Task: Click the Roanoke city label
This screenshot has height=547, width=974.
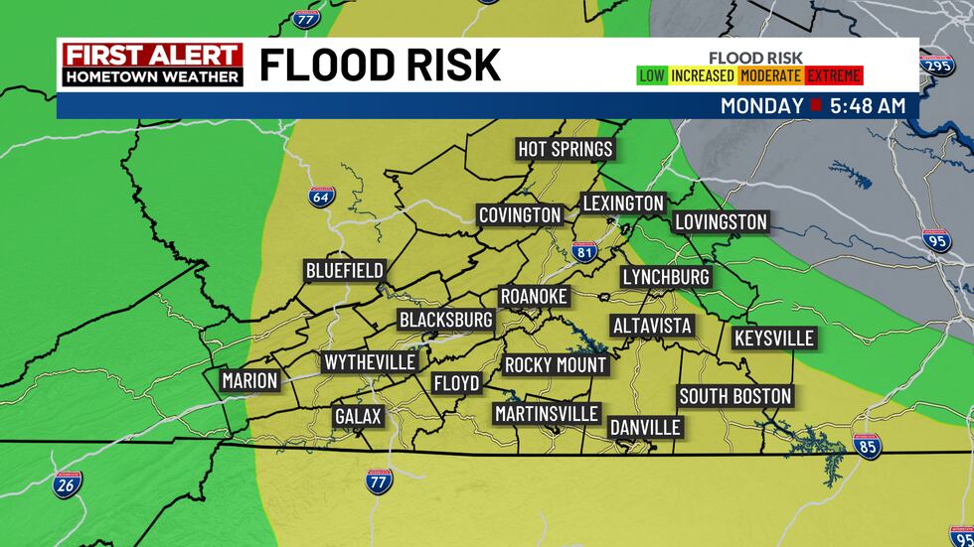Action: coord(534,297)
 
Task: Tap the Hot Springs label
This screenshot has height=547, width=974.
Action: coord(566,149)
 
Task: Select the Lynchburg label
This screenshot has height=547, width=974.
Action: coord(666,277)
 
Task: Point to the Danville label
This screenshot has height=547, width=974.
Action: coord(646,427)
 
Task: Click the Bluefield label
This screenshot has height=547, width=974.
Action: coord(344,271)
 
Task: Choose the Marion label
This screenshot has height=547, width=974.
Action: coord(249,380)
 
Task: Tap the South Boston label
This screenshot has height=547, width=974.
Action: coord(735,396)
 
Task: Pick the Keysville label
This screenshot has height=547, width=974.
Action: coord(774,339)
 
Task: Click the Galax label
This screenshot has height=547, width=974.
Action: coord(358,416)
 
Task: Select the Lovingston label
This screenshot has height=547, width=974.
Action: coord(721,221)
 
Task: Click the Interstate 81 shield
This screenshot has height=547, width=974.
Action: coord(583,252)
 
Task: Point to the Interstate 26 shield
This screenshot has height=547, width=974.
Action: coord(68,483)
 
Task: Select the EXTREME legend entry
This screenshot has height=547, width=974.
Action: coord(834,75)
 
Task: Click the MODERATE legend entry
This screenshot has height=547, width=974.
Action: coord(771,75)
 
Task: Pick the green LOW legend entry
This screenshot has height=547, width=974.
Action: coord(652,75)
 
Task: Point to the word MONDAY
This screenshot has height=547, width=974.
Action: coord(761,105)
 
